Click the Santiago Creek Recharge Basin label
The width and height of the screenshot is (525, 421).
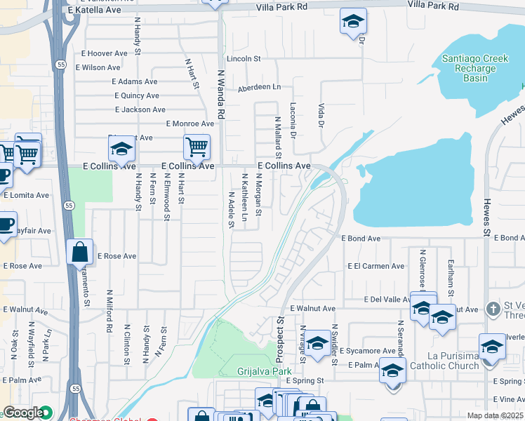click(x=475, y=68)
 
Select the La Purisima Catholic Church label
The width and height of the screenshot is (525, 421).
click(x=444, y=360)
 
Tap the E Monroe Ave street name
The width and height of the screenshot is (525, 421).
click(x=190, y=123)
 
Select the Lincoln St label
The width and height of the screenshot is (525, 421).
click(x=243, y=59)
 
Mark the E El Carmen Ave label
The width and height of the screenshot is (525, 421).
click(x=376, y=267)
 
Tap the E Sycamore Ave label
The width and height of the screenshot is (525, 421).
click(x=368, y=351)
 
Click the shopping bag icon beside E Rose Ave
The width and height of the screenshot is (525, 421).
click(x=80, y=251)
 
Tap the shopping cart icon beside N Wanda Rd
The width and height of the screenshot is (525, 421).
click(x=197, y=147)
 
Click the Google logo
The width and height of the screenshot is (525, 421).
click(x=22, y=413)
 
